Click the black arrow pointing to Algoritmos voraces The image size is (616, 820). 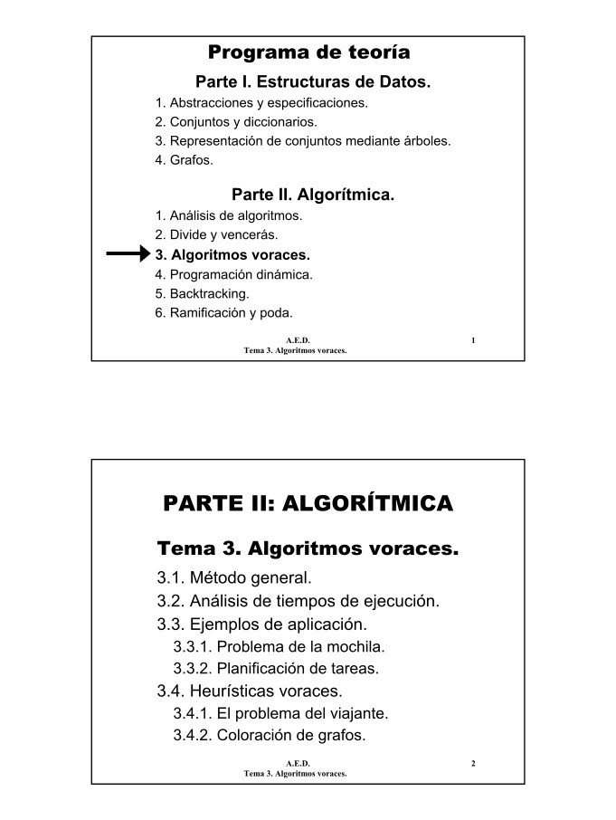[x=128, y=254]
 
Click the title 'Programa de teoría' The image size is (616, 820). [x=308, y=52]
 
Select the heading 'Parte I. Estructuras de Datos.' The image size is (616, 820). [x=313, y=82]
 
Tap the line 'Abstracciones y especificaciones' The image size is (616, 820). [x=261, y=102]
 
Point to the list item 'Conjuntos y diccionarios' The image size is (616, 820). [x=236, y=121]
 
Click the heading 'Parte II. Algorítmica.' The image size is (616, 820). [x=313, y=195]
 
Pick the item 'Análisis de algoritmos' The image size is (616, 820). [x=229, y=215]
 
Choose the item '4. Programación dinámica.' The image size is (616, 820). [x=234, y=274]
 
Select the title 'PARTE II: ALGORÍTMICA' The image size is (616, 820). [x=308, y=504]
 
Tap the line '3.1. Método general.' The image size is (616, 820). [x=234, y=577]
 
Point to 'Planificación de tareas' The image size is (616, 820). [x=276, y=669]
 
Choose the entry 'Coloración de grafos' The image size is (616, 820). [x=270, y=735]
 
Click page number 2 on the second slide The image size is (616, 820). [x=473, y=765]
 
